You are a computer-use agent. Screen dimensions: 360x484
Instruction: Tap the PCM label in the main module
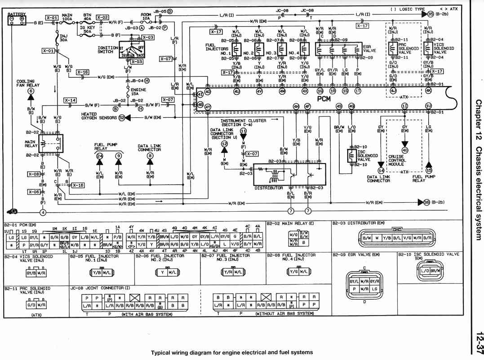324,98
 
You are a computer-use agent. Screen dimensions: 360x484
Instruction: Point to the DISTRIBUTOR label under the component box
269,188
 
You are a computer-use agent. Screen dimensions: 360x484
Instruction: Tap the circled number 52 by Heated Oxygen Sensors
122,117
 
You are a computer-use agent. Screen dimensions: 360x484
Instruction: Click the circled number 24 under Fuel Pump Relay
99,156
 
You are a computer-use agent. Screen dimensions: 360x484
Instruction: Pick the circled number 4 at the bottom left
43,212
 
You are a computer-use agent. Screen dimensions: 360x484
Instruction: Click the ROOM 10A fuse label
146,17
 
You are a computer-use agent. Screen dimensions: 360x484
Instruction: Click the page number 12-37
478,342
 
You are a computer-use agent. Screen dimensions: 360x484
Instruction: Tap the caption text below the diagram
232,352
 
